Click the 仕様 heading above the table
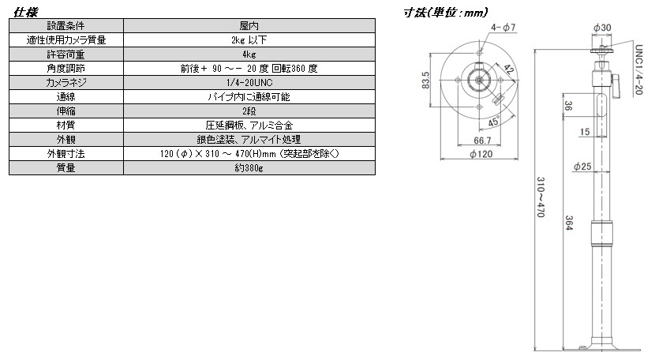click(x=26, y=12)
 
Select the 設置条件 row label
click(x=66, y=26)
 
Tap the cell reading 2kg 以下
click(x=249, y=40)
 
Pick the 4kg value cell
click(x=249, y=54)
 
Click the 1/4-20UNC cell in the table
click(x=249, y=83)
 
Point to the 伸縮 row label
click(x=66, y=111)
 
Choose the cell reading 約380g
click(x=249, y=168)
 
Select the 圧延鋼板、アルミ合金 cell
click(x=249, y=126)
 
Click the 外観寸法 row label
click(x=66, y=154)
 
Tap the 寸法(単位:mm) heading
click(x=445, y=13)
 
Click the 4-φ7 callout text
click(x=503, y=28)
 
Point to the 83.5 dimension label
click(x=425, y=80)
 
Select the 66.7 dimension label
click(x=482, y=141)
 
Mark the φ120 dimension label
click(x=481, y=154)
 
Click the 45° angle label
click(x=494, y=122)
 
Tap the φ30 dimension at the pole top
click(x=602, y=28)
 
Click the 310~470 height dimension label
click(x=541, y=197)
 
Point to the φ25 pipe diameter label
click(x=582, y=167)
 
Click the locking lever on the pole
click(x=615, y=87)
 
